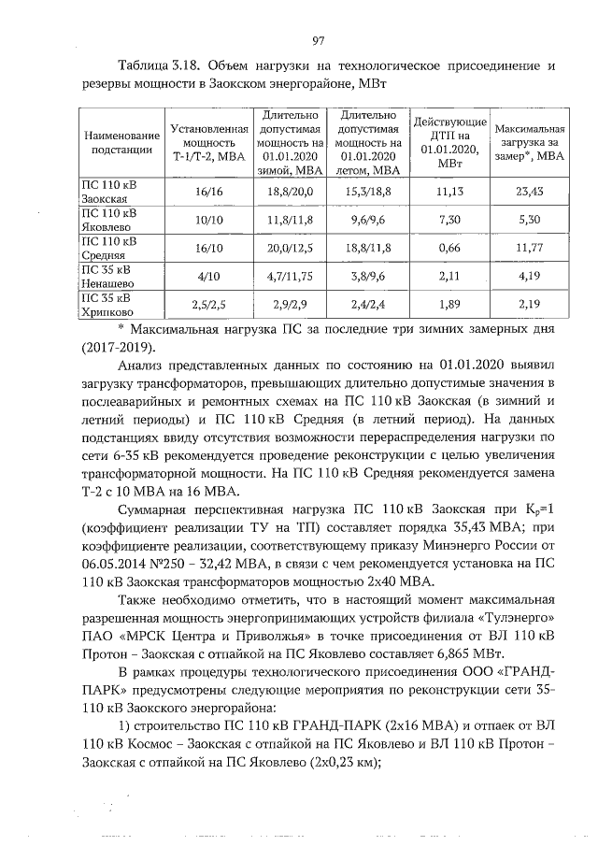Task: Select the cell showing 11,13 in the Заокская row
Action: point(450,193)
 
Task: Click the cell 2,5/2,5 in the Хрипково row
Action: point(209,306)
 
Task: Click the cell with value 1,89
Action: point(450,306)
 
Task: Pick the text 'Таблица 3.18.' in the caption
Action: point(159,66)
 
